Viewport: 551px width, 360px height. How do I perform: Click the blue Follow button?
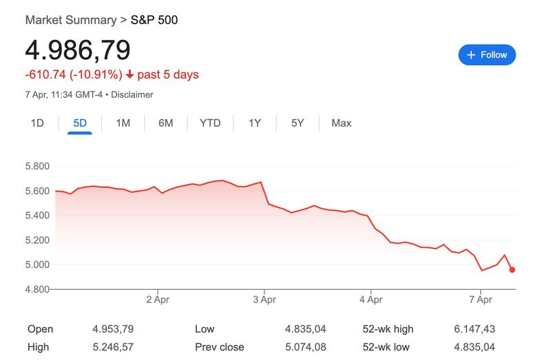coord(487,55)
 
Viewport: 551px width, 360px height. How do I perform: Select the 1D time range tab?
coord(37,123)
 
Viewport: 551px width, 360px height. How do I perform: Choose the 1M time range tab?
coord(123,123)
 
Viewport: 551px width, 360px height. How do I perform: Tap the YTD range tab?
coord(210,123)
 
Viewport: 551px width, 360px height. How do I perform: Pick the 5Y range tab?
coord(298,123)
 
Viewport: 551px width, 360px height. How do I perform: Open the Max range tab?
coord(341,123)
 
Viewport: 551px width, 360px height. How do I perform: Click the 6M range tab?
coord(165,123)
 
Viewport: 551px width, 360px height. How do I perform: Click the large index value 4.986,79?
coord(78,50)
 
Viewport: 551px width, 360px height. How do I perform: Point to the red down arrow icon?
coord(130,74)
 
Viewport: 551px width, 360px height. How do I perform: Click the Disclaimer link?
coord(132,94)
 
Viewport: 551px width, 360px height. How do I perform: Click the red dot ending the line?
coord(512,270)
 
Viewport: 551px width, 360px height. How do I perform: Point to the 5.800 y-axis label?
coord(38,167)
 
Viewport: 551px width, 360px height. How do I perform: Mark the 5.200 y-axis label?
coord(38,240)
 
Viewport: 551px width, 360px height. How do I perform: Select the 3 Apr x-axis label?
coord(264,299)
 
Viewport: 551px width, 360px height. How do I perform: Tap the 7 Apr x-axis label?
coord(480,299)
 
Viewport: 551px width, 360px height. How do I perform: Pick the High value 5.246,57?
coord(114,347)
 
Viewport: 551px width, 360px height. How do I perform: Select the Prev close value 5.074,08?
coord(306,347)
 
